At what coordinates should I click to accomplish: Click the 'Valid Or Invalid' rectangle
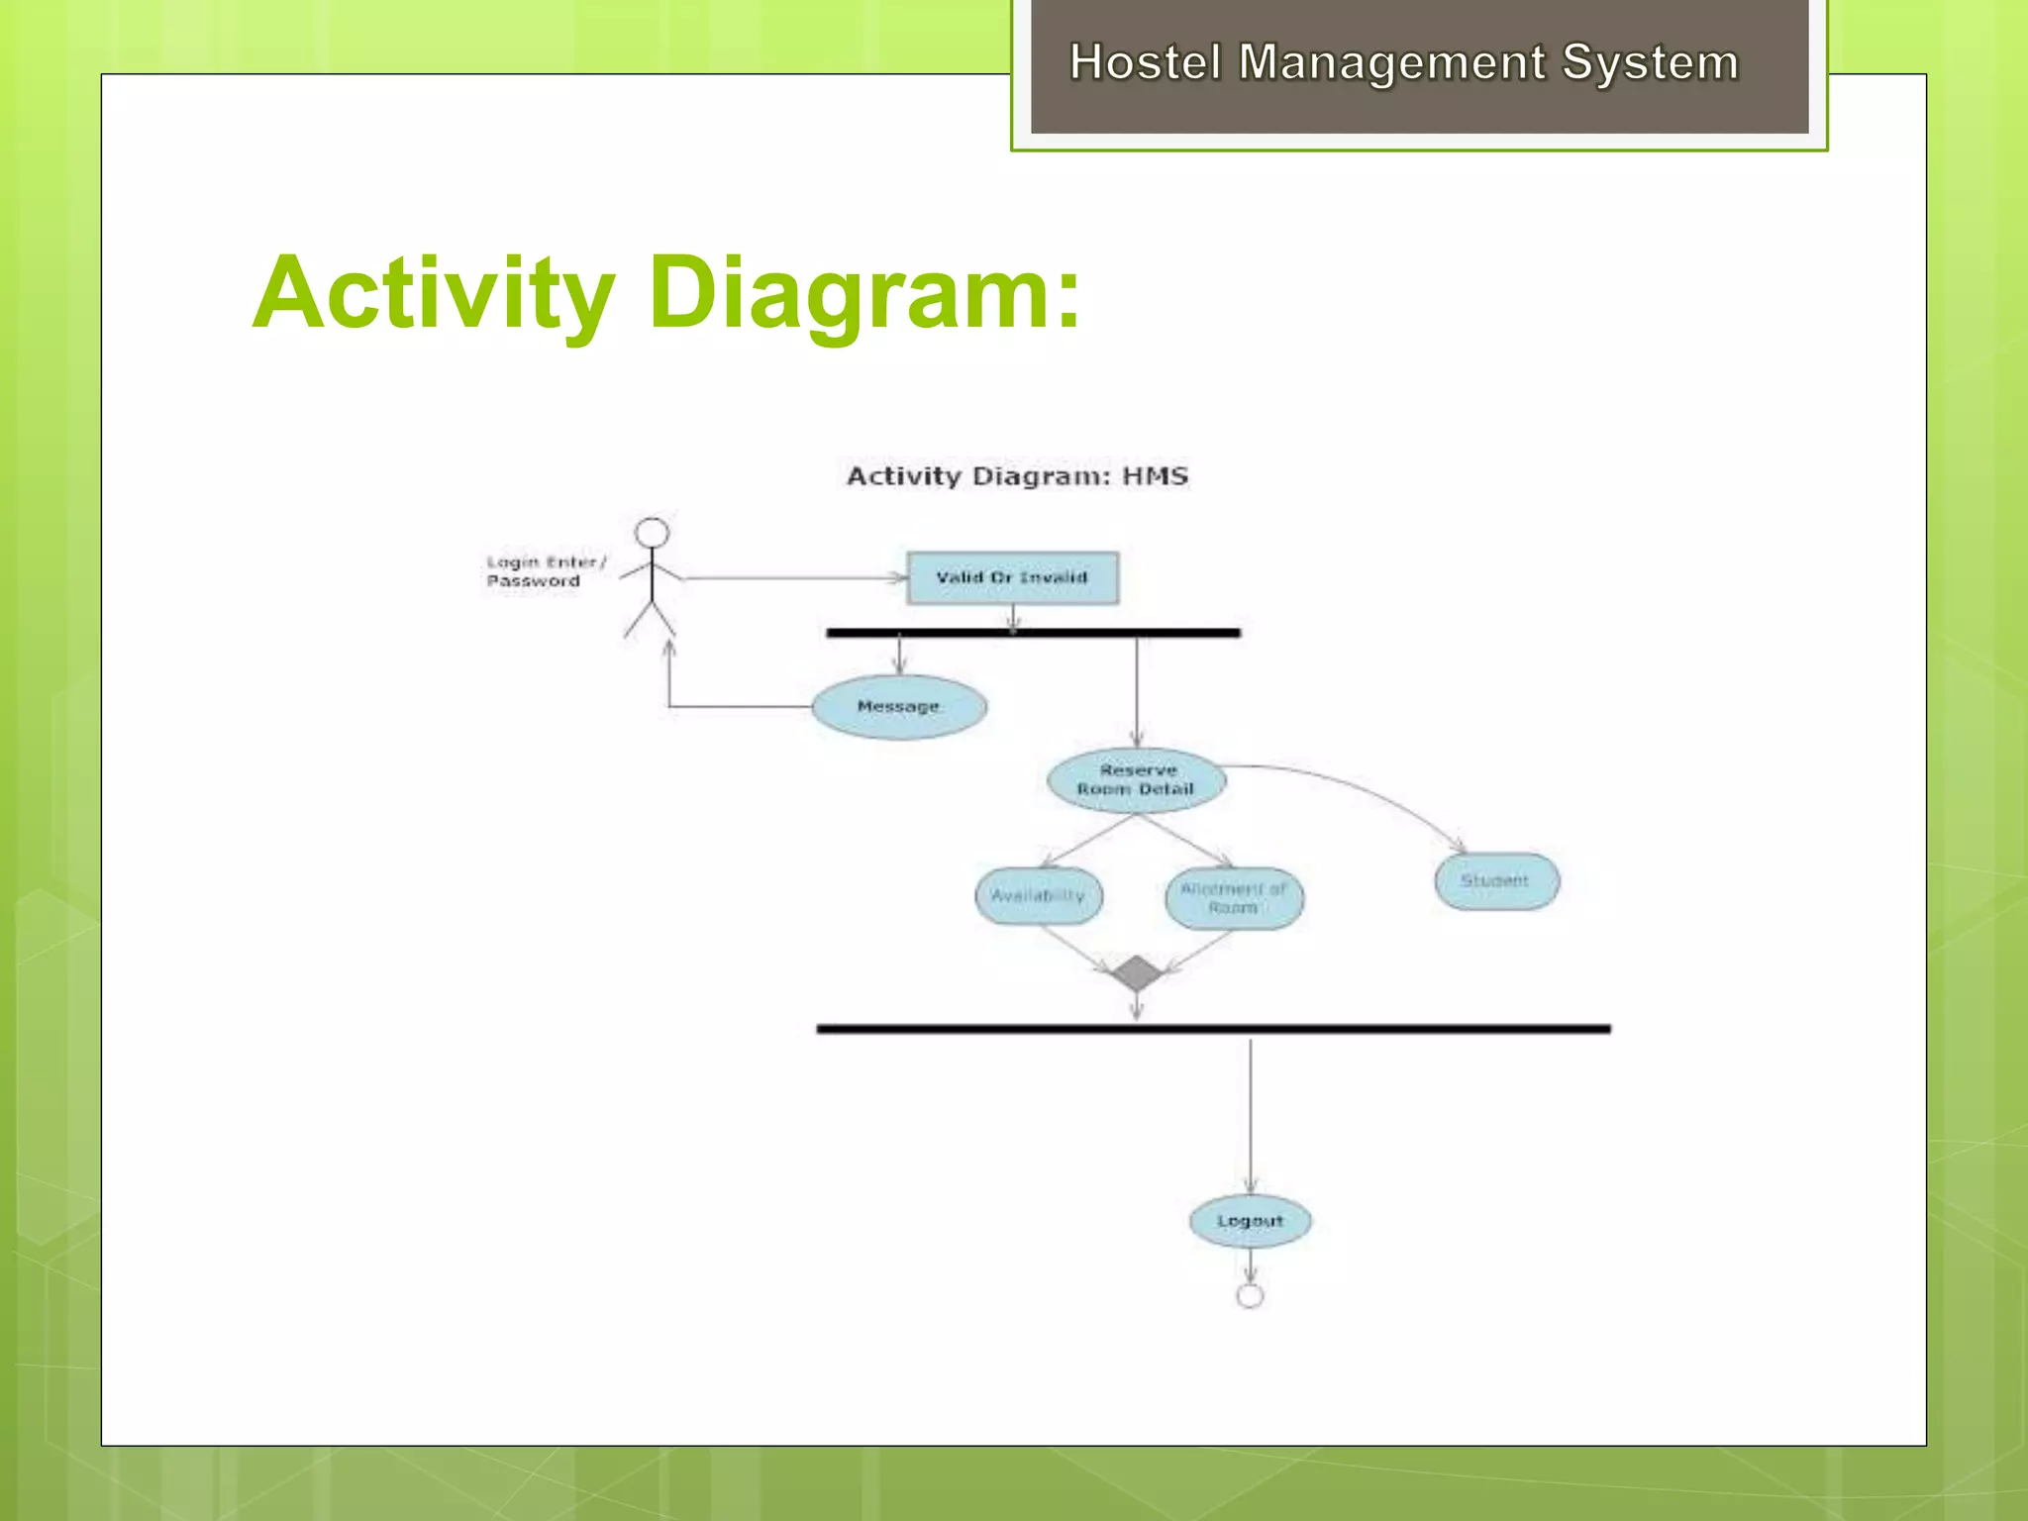click(x=1012, y=577)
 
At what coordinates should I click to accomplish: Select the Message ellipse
click(x=899, y=707)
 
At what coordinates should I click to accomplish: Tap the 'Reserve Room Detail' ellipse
click(x=1136, y=780)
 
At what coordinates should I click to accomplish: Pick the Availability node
click(x=1038, y=896)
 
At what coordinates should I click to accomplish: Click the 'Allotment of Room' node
click(x=1233, y=898)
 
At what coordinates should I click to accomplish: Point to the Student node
click(x=1495, y=881)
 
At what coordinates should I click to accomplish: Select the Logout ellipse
click(x=1250, y=1221)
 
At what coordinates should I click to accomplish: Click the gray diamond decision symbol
click(x=1137, y=973)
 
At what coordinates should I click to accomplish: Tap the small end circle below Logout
click(x=1250, y=1296)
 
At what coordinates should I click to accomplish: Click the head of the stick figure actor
click(x=652, y=533)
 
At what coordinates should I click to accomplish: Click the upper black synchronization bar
click(x=1033, y=633)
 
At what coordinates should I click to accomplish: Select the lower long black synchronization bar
click(x=1213, y=1030)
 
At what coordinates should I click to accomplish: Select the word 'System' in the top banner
click(x=1650, y=62)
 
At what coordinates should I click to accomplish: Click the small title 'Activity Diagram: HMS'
click(x=1017, y=476)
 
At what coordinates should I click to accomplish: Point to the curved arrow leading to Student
click(x=1367, y=792)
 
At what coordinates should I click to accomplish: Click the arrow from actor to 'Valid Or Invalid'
click(x=792, y=577)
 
